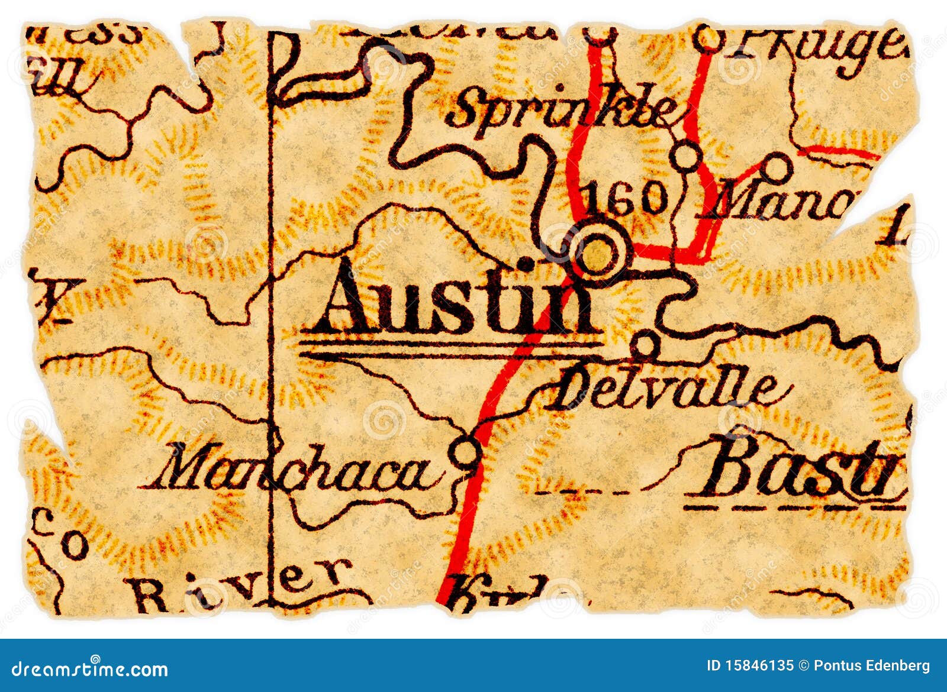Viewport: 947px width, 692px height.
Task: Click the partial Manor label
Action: (x=784, y=204)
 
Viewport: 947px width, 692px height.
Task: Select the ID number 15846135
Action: (x=750, y=666)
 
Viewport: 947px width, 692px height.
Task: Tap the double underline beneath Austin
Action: (x=450, y=349)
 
